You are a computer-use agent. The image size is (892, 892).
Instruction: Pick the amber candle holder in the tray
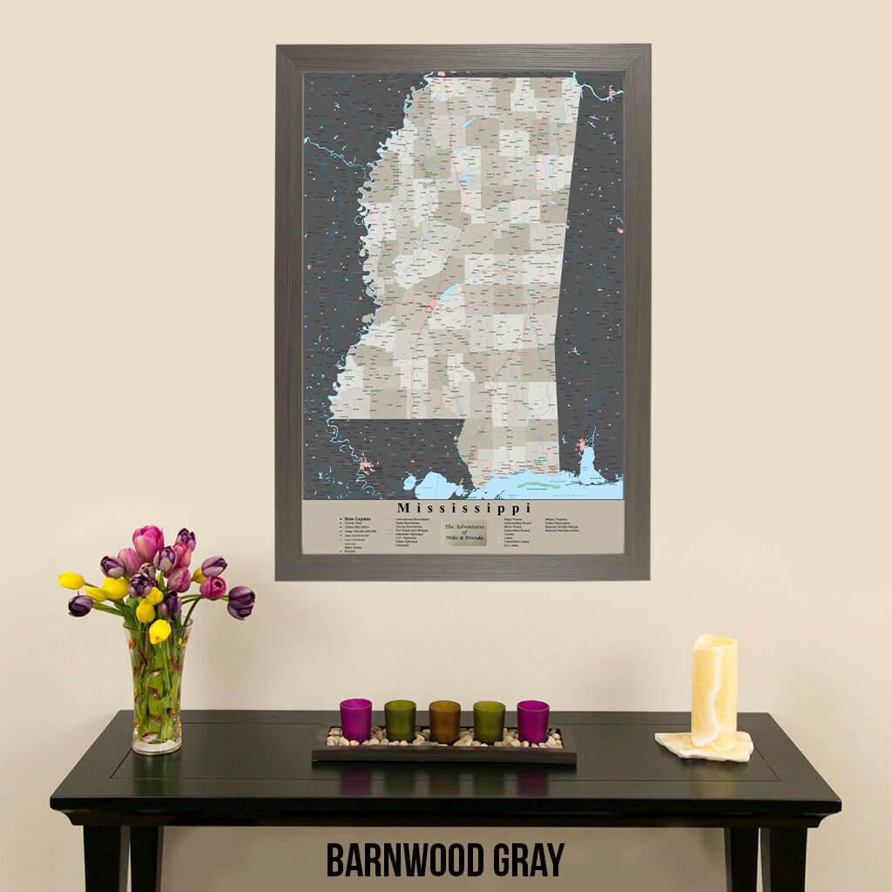(x=444, y=722)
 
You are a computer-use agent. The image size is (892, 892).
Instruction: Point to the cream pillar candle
(x=713, y=692)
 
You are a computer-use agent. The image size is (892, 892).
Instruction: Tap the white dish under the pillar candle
(x=704, y=747)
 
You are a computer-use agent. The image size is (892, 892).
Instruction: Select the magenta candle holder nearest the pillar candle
(x=532, y=721)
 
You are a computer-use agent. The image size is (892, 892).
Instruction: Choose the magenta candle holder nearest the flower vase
(x=355, y=720)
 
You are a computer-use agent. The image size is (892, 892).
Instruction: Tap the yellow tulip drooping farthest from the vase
(x=71, y=580)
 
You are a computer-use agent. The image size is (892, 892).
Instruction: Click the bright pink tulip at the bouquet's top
(x=147, y=542)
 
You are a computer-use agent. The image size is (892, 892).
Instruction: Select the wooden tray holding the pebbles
(x=444, y=754)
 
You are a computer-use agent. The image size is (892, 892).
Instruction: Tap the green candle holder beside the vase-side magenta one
(x=400, y=720)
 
